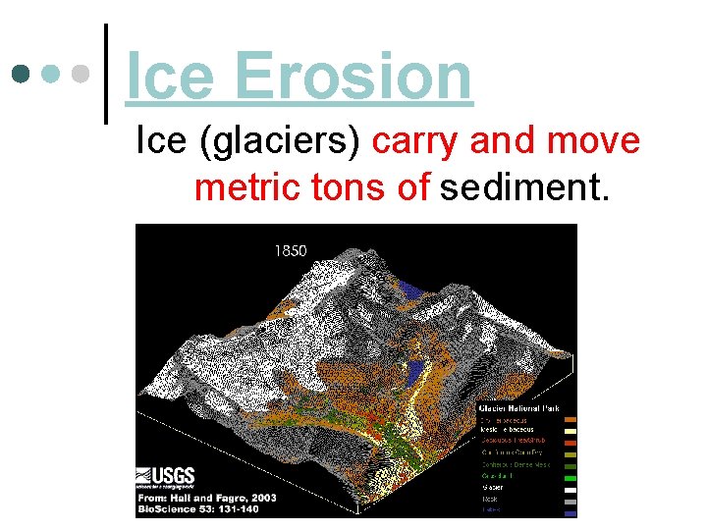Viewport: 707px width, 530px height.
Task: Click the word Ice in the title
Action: [172, 77]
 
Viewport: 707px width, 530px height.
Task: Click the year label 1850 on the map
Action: [290, 251]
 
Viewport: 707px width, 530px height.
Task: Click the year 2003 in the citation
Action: [260, 498]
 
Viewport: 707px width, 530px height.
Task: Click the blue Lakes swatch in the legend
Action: [570, 509]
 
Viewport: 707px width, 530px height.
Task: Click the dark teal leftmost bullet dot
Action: [21, 74]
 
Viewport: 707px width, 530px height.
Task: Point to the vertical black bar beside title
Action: [105, 74]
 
